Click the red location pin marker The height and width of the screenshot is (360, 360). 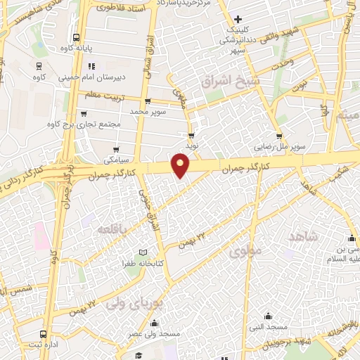pos(181,165)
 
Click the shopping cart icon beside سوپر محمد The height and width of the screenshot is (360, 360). pos(146,101)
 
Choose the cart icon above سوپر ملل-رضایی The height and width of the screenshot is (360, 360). pos(279,136)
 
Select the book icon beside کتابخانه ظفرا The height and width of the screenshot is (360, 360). pos(143,252)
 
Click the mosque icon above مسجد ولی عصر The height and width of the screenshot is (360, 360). pos(155,323)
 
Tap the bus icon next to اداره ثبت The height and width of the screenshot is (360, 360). pos(44,334)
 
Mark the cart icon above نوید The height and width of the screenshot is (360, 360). pos(191,136)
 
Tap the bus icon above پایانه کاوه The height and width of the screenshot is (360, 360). pos(76,38)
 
